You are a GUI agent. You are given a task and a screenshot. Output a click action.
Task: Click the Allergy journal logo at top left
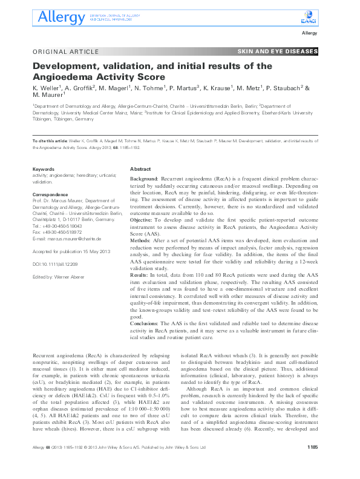(57, 18)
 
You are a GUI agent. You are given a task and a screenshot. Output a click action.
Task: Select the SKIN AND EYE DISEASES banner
(278, 51)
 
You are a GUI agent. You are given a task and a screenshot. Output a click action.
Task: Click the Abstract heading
(140, 170)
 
